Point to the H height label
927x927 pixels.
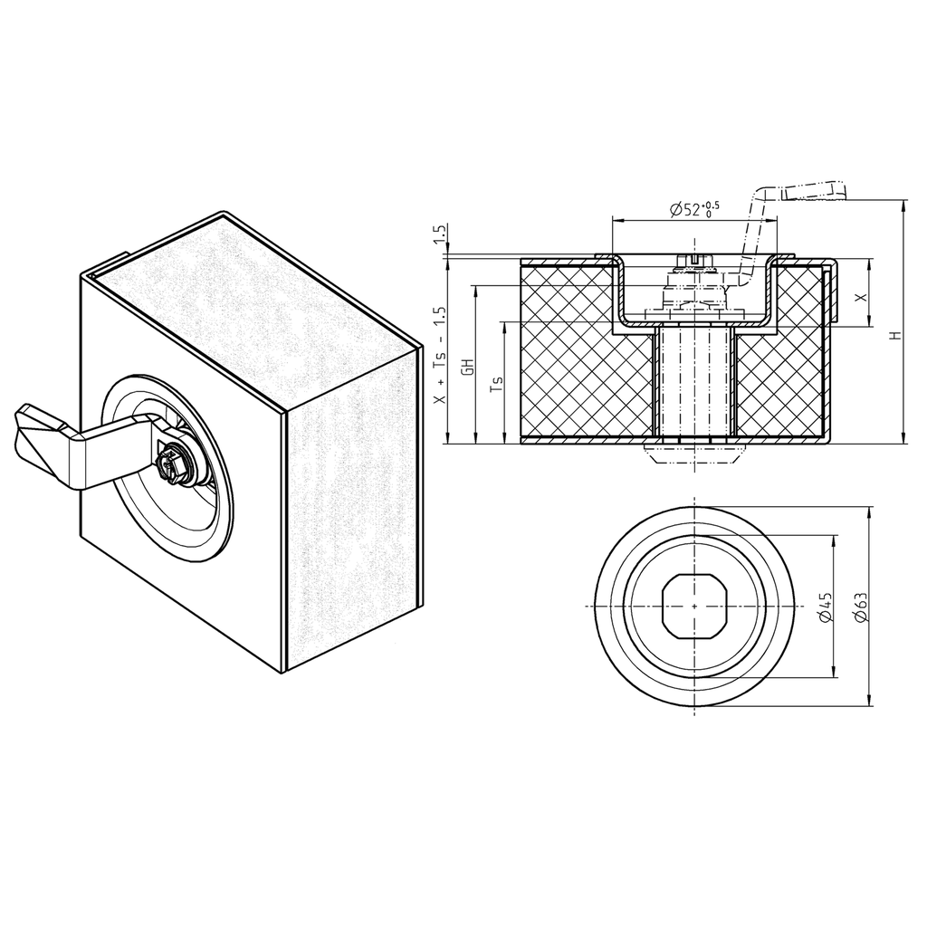tap(895, 334)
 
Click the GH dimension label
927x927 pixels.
tap(468, 367)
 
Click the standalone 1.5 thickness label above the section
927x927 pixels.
tap(441, 235)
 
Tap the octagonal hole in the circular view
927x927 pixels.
tap(694, 606)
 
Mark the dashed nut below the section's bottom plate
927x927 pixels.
tap(694, 450)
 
